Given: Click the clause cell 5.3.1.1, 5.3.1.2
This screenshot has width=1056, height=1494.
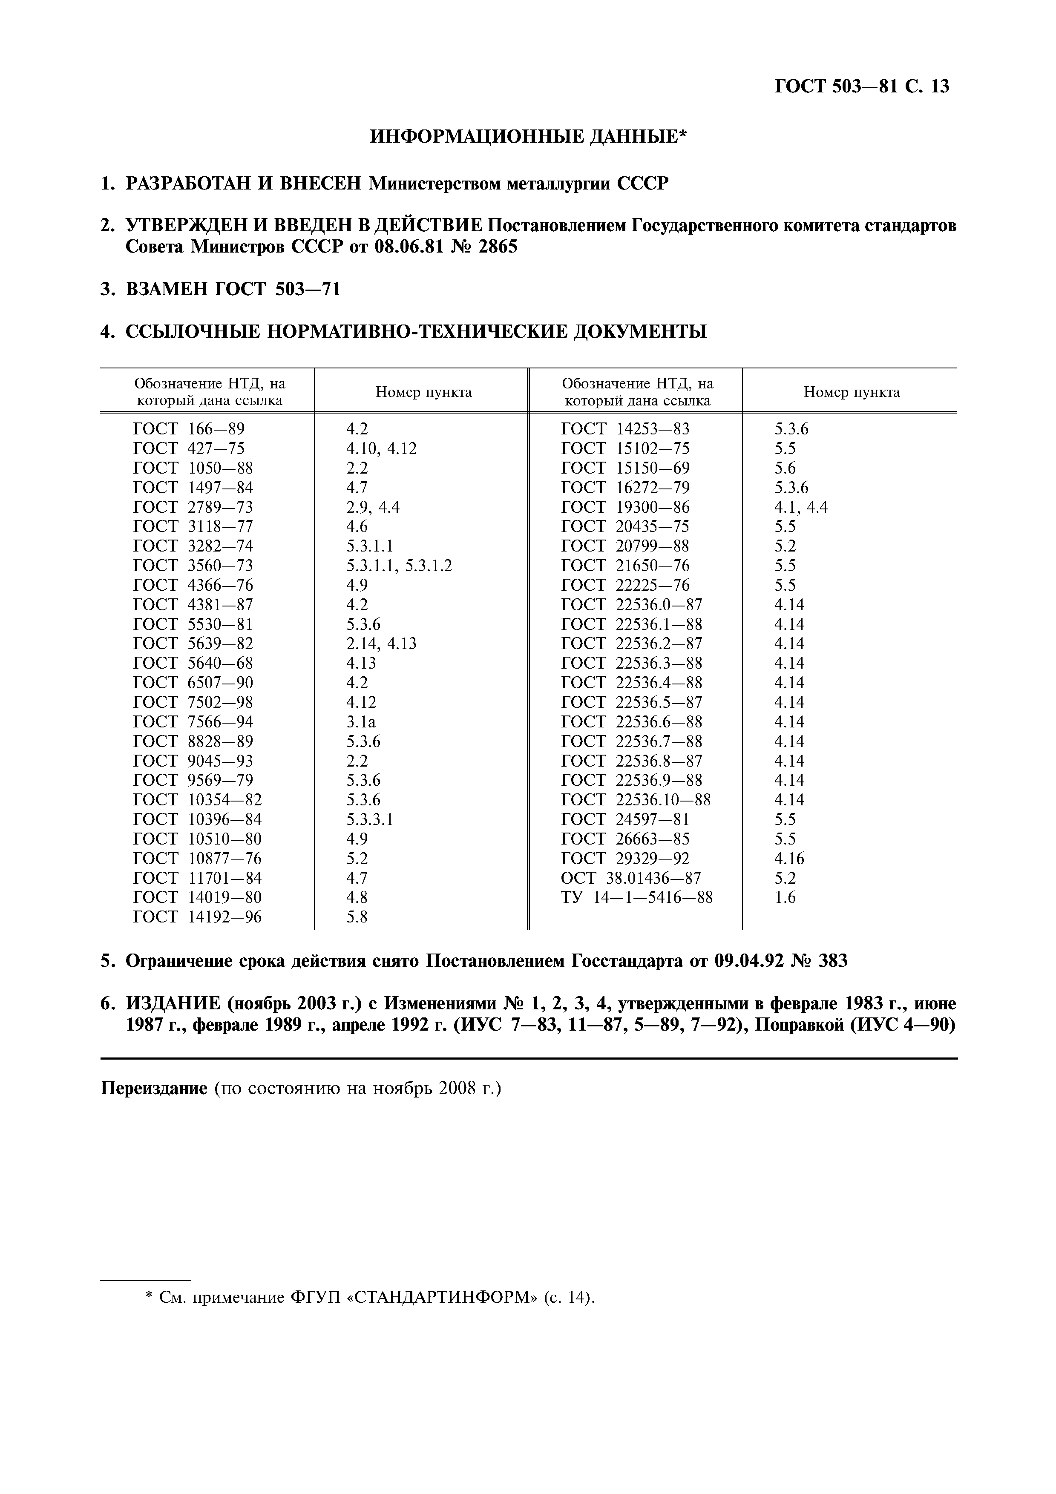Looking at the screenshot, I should click(x=399, y=566).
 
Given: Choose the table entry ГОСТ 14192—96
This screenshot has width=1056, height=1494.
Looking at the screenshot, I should click(x=197, y=917).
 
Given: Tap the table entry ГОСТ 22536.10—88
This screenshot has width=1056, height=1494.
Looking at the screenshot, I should click(x=636, y=800).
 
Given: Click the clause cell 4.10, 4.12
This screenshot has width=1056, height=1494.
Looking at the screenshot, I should click(x=381, y=448).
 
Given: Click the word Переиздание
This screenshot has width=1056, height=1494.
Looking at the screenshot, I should click(x=153, y=1088).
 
